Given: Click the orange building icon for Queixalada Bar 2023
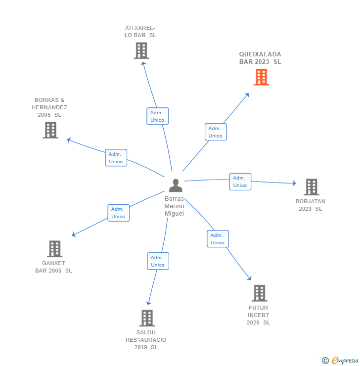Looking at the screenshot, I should pyautogui.click(x=261, y=77).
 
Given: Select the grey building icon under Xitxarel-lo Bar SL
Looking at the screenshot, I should pyautogui.click(x=141, y=50).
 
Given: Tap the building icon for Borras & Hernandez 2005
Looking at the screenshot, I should pyautogui.click(x=50, y=130).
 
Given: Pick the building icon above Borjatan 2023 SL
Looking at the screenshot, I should pyautogui.click(x=311, y=187).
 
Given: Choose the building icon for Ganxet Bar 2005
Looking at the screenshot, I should pyautogui.click(x=54, y=249).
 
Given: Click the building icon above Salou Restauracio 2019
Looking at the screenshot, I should pyautogui.click(x=147, y=318).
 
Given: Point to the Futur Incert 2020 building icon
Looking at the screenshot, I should pyautogui.click(x=259, y=293).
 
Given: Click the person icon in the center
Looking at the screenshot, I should pyautogui.click(x=176, y=185).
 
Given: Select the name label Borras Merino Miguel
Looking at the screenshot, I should pyautogui.click(x=174, y=206).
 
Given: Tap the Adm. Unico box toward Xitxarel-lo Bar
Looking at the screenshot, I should pyautogui.click(x=158, y=116).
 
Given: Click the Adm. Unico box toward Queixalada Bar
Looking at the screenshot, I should pyautogui.click(x=216, y=132).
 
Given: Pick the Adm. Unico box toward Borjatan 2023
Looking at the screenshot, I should pyautogui.click(x=240, y=182).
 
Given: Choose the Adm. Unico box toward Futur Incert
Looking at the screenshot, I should pyautogui.click(x=218, y=239).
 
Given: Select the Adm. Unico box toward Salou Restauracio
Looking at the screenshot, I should pyautogui.click(x=158, y=261).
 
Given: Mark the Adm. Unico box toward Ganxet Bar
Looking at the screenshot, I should pyautogui.click(x=118, y=213).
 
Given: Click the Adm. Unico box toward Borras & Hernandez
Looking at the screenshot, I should pyautogui.click(x=116, y=158).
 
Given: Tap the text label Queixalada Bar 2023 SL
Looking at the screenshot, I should pyautogui.click(x=260, y=58).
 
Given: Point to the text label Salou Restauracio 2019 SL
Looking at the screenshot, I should pyautogui.click(x=146, y=340).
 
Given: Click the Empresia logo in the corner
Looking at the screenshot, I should pyautogui.click(x=340, y=361).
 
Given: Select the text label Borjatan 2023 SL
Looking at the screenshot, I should pyautogui.click(x=311, y=205).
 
